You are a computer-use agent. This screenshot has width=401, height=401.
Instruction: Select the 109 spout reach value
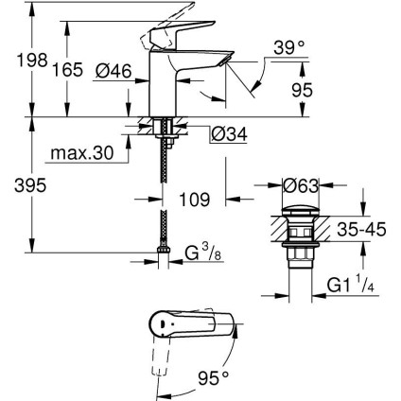point(181,201)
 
